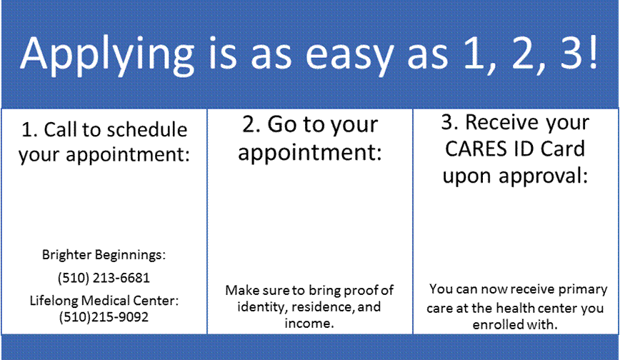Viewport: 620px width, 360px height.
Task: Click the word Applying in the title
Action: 108,55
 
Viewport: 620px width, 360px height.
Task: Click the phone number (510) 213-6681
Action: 104,278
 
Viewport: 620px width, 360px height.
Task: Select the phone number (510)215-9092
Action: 104,317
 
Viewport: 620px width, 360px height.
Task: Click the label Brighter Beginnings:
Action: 104,255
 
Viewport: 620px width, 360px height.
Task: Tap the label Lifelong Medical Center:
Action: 104,301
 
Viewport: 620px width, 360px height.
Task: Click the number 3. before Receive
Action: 449,122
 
